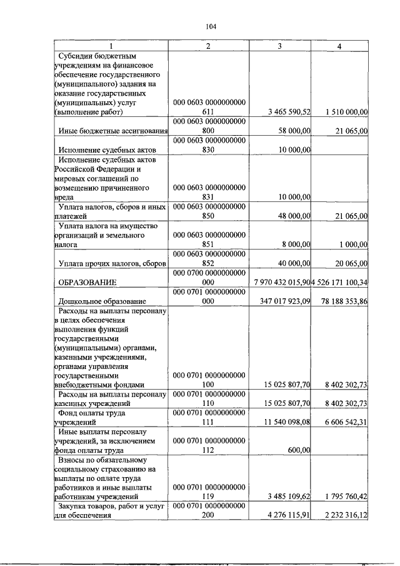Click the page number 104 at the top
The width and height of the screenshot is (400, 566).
211,26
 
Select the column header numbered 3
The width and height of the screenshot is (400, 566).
280,47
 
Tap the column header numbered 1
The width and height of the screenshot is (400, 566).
111,47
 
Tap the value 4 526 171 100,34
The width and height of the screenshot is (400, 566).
340,283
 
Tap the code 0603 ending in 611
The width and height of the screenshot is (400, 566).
209,106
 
